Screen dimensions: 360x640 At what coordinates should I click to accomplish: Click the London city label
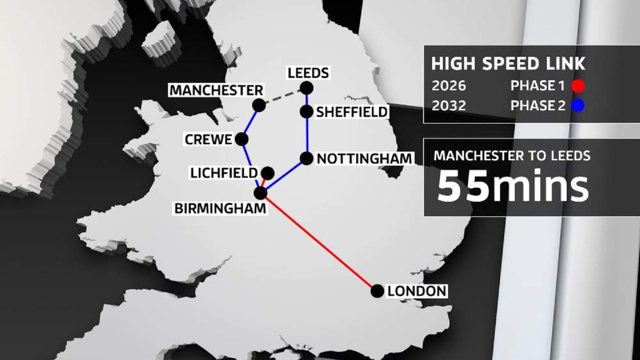[x=417, y=291]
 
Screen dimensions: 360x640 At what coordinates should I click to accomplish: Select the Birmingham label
[x=220, y=208]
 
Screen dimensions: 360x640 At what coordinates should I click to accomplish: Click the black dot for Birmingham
[x=260, y=193]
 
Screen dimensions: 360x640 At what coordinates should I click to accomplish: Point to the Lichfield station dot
[x=267, y=172]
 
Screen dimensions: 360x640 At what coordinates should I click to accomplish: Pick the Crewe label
[x=208, y=140]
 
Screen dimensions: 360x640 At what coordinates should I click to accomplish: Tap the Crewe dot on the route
[x=242, y=139]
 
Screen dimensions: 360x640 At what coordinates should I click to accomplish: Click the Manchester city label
[x=216, y=91]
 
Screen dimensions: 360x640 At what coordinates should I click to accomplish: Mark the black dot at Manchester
[x=259, y=105]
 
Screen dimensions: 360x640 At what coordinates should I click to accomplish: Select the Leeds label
[x=308, y=73]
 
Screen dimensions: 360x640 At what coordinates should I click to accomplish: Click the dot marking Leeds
[x=307, y=88]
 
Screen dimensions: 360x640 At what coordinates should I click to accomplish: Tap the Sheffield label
[x=352, y=112]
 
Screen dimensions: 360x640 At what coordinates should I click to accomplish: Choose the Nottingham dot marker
[x=307, y=158]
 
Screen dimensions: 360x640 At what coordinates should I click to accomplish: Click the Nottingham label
[x=364, y=159]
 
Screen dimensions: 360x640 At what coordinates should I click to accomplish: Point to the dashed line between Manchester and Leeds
[x=282, y=97]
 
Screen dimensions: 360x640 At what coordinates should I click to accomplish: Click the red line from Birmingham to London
[x=319, y=242]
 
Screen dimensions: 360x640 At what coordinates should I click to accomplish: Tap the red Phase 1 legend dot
[x=578, y=86]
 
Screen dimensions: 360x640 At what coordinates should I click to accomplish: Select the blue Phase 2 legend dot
[x=578, y=106]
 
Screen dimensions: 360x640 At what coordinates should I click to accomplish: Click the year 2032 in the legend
[x=449, y=106]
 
